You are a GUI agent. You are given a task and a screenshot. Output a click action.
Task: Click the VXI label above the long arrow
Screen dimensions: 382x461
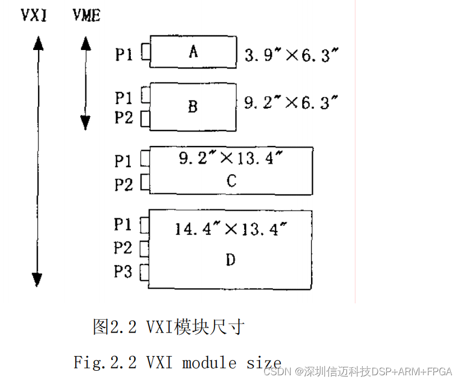tap(34, 15)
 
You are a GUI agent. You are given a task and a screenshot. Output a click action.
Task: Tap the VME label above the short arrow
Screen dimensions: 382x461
tap(86, 15)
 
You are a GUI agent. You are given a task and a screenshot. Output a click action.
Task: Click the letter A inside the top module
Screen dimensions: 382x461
tap(193, 52)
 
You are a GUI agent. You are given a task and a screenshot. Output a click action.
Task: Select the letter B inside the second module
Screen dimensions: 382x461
tap(193, 107)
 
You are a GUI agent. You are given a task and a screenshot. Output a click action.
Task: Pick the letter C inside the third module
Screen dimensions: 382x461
tap(231, 181)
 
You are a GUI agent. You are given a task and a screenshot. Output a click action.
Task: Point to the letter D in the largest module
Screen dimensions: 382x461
tap(230, 260)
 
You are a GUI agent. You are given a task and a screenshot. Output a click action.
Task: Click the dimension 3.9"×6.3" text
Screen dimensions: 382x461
tap(291, 54)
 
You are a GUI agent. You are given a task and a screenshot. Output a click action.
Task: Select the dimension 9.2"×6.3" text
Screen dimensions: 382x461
tap(291, 102)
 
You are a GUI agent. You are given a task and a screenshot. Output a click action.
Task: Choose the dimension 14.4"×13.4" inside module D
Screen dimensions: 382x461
tap(231, 229)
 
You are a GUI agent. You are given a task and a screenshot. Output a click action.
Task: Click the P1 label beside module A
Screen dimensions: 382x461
tap(124, 54)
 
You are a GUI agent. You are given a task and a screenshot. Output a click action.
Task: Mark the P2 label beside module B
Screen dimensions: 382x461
tap(124, 118)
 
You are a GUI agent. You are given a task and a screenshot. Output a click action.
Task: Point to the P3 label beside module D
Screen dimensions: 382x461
tap(123, 272)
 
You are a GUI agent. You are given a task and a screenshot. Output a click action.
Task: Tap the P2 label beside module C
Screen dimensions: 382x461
tap(124, 183)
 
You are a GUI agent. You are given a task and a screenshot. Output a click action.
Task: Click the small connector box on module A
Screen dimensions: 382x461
tap(146, 52)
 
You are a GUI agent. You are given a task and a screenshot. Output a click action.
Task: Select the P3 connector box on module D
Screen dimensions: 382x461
tap(144, 271)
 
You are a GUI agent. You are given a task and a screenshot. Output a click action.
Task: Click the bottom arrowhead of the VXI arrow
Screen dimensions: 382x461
tap(37, 279)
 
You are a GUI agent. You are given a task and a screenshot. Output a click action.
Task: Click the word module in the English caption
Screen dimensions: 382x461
tap(211, 362)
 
